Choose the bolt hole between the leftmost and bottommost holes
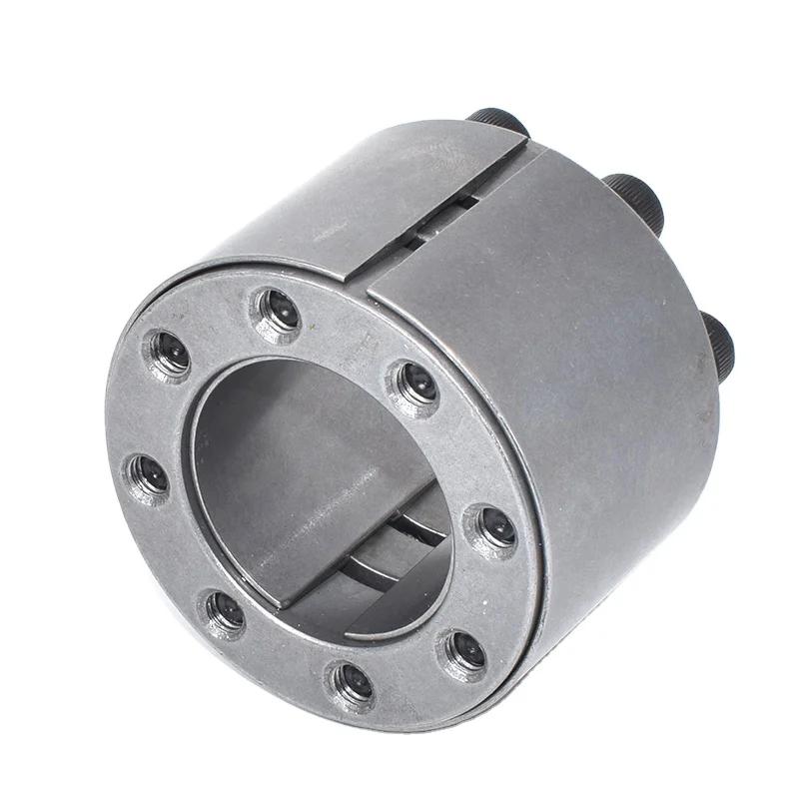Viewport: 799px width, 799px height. (224, 610)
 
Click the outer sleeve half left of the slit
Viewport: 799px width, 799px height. (330, 210)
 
